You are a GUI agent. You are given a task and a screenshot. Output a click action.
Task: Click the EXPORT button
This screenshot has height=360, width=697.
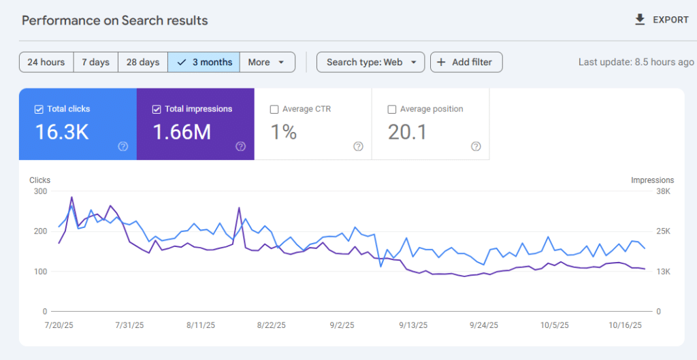click(662, 20)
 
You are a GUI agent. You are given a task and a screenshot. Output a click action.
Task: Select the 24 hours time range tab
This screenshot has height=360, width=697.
click(46, 62)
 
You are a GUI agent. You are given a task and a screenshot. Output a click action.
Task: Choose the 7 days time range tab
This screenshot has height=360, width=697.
click(95, 62)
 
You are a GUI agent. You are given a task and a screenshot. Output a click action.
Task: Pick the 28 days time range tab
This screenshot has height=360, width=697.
click(143, 62)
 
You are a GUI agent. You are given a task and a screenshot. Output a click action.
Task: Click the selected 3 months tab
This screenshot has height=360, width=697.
click(204, 62)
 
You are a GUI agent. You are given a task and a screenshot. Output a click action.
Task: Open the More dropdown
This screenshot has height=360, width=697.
click(267, 62)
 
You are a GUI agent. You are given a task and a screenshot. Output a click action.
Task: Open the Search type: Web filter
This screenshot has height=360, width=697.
click(370, 62)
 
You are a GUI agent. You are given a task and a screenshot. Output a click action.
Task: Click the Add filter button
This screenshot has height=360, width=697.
click(466, 62)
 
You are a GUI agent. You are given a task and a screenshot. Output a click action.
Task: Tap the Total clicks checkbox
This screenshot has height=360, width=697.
click(38, 109)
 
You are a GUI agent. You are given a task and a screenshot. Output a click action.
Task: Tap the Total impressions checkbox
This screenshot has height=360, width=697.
click(157, 109)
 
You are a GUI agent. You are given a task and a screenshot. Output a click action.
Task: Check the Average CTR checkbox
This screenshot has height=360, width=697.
click(274, 109)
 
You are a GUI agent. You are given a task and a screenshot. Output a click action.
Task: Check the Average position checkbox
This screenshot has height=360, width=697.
click(391, 109)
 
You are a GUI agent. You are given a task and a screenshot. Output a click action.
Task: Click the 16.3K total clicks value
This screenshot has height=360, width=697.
click(62, 132)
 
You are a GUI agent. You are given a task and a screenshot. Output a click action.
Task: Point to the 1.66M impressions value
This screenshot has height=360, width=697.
click(182, 132)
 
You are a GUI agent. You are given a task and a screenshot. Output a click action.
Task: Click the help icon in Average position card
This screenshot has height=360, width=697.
click(476, 146)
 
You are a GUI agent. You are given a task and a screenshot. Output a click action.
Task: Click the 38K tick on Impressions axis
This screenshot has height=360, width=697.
click(644, 192)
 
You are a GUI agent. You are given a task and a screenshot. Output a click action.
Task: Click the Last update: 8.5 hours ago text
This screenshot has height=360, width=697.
click(636, 62)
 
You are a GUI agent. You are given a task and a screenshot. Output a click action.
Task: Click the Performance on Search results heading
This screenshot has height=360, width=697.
click(114, 20)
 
